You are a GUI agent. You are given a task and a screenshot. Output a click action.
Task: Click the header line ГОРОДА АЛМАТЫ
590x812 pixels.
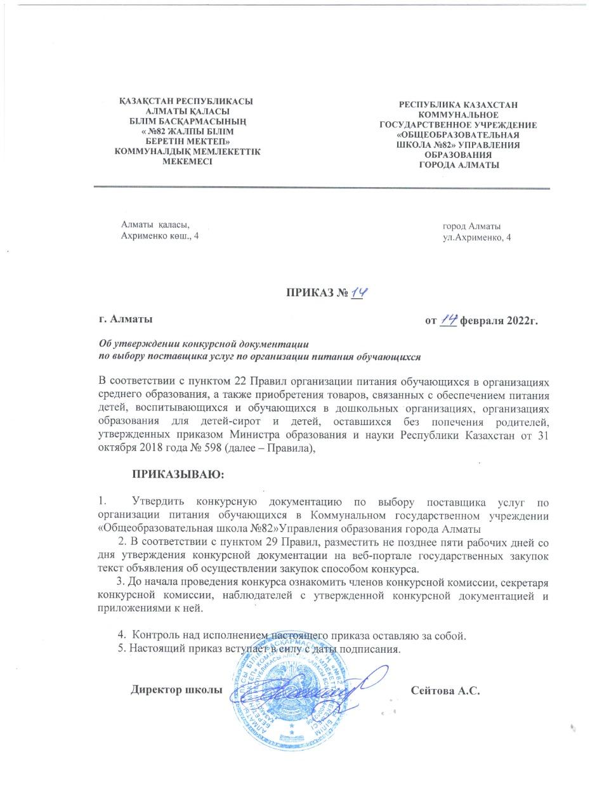pyautogui.click(x=459, y=165)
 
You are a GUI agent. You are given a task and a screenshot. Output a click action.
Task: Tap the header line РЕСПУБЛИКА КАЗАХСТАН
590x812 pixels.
pyautogui.click(x=458, y=103)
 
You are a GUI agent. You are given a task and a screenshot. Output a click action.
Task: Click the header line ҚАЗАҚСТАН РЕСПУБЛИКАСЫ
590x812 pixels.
pyautogui.click(x=187, y=101)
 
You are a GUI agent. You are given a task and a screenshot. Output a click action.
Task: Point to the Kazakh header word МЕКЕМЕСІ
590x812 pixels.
pyautogui.click(x=187, y=161)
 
